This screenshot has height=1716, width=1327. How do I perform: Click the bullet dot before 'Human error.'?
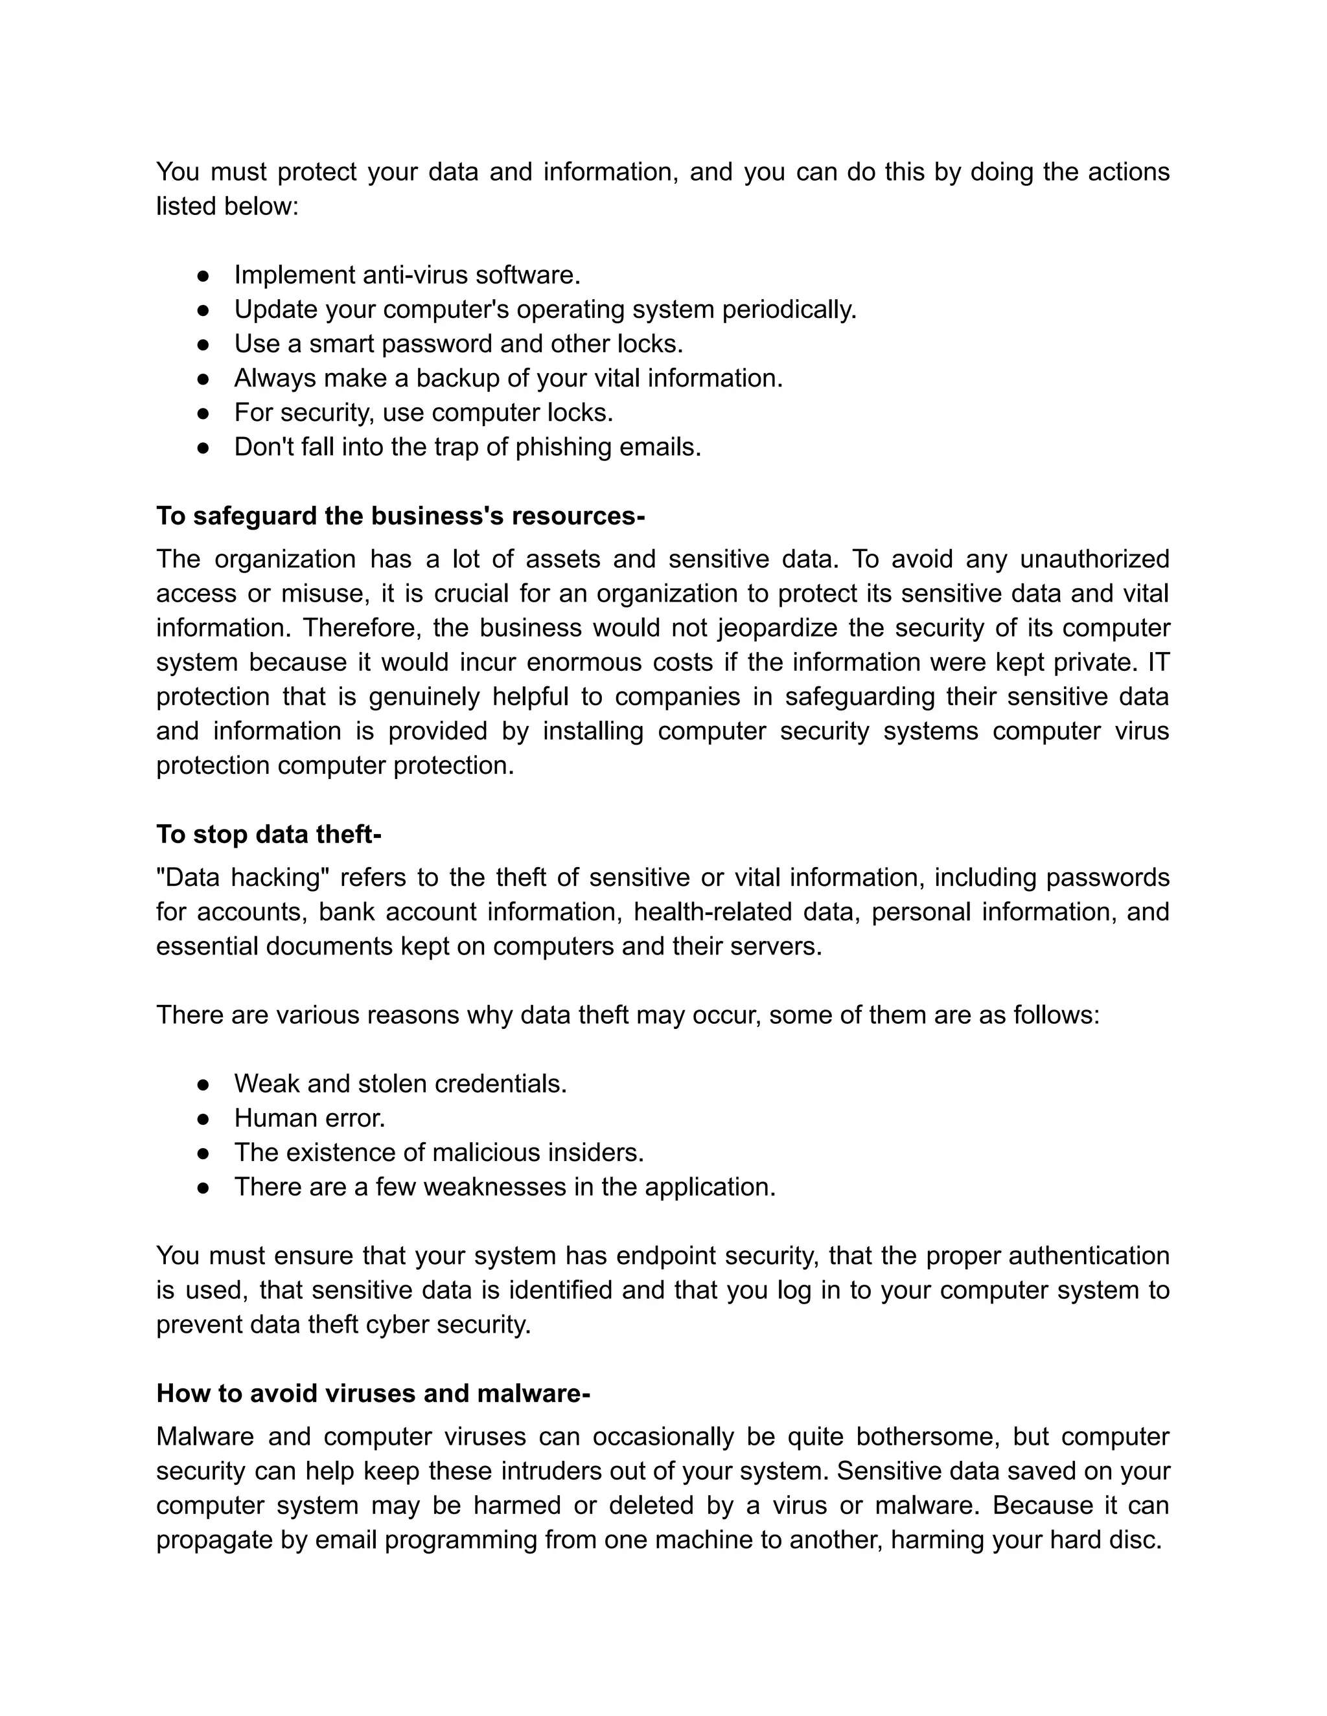[203, 1118]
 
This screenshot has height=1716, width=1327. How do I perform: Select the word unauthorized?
[1094, 559]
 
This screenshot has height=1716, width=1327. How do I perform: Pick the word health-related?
[712, 912]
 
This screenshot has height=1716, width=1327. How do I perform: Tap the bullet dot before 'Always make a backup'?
[203, 379]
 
